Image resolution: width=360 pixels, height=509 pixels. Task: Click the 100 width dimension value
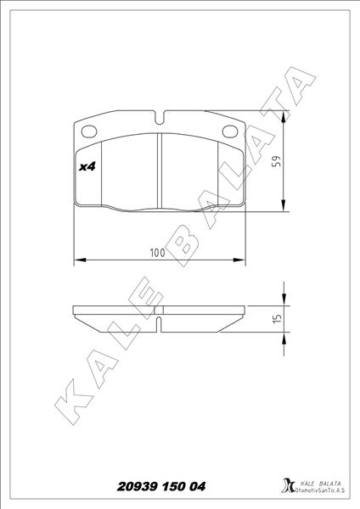coord(157,253)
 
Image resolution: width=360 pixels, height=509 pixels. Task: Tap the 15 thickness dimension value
coord(277,318)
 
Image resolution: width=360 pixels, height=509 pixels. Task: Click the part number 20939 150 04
coord(159,487)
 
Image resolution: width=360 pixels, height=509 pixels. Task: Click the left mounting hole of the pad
coord(88,130)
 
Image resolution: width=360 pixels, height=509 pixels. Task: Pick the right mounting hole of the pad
coord(230,130)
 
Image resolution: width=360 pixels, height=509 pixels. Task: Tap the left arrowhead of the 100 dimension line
coord(78,260)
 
